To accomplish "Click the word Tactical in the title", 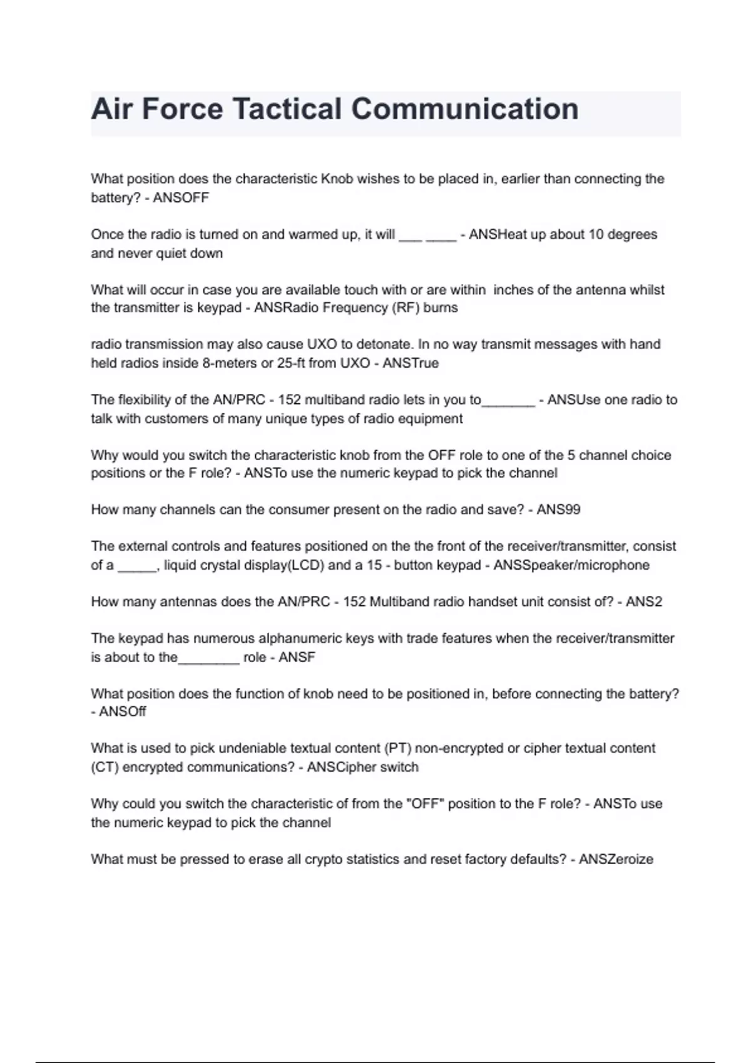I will point(287,109).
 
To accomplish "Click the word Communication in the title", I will point(464,109).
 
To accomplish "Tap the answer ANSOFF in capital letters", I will point(181,198).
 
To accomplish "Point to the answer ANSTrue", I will point(411,363).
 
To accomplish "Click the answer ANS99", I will point(558,510).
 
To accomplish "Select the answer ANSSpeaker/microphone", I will point(571,565).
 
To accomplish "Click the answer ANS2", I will point(644,602).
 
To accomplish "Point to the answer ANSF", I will point(297,657).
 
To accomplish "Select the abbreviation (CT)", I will point(105,767).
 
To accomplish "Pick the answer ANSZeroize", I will point(616,859).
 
